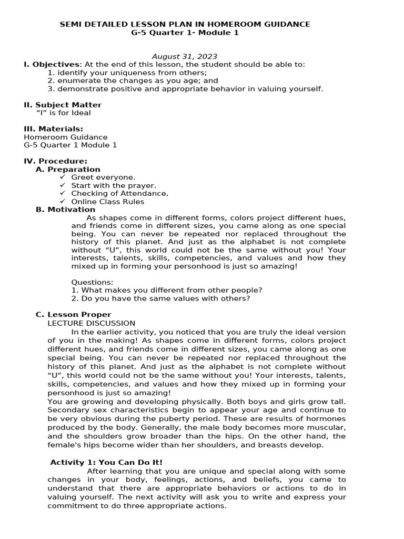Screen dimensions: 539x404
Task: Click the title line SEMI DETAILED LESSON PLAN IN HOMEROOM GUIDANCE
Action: (x=185, y=24)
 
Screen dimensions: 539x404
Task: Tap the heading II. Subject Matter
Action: (x=63, y=105)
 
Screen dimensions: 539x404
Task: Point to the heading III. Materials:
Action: (x=53, y=129)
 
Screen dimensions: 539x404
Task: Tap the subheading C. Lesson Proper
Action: (x=73, y=315)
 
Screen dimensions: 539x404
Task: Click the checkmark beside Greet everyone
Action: (x=63, y=177)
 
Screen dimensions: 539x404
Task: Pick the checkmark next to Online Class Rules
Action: (x=63, y=202)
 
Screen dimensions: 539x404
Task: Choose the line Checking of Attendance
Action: (x=119, y=193)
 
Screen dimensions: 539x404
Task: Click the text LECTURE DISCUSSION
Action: (x=91, y=323)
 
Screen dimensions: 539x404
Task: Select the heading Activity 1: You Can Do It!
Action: (x=106, y=462)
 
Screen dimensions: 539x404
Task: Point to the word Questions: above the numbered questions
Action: (x=92, y=282)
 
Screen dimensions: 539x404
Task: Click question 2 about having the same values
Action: (x=160, y=298)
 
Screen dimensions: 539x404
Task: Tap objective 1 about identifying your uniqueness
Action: (x=127, y=73)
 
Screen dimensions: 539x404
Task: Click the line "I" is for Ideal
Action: (x=63, y=113)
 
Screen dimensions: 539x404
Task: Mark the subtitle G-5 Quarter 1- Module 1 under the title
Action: (x=185, y=33)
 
